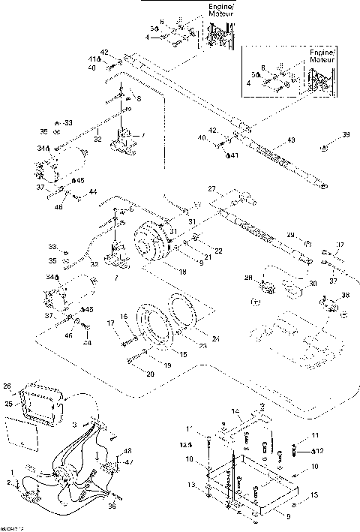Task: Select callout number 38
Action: (344, 295)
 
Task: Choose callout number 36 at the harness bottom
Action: (113, 507)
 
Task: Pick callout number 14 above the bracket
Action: (234, 410)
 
